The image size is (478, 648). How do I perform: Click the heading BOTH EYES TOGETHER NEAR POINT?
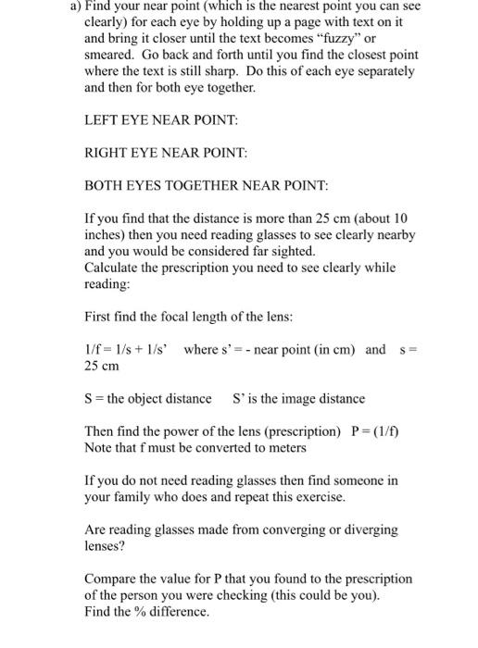[206, 186]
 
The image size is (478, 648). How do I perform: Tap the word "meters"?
[284, 448]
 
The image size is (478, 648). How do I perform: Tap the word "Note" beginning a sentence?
[99, 448]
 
